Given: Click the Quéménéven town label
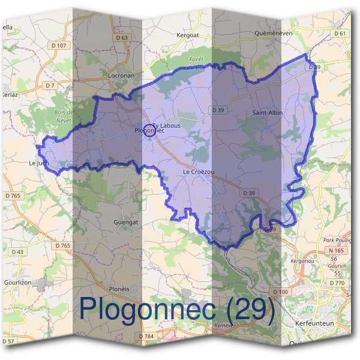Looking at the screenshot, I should pyautogui.click(x=273, y=33).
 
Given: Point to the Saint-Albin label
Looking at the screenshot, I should pyautogui.click(x=267, y=112).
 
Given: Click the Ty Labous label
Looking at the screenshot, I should pyautogui.click(x=166, y=125).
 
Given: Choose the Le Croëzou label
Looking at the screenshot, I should pyautogui.click(x=199, y=172).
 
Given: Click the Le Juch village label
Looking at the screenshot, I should pyautogui.click(x=38, y=163).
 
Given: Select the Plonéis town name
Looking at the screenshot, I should pyautogui.click(x=119, y=288).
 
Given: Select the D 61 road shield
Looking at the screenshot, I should pyautogui.click(x=341, y=33).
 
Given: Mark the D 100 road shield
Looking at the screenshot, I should pyautogui.click(x=280, y=292).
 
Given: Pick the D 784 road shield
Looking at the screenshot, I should pyautogui.click(x=146, y=337).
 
